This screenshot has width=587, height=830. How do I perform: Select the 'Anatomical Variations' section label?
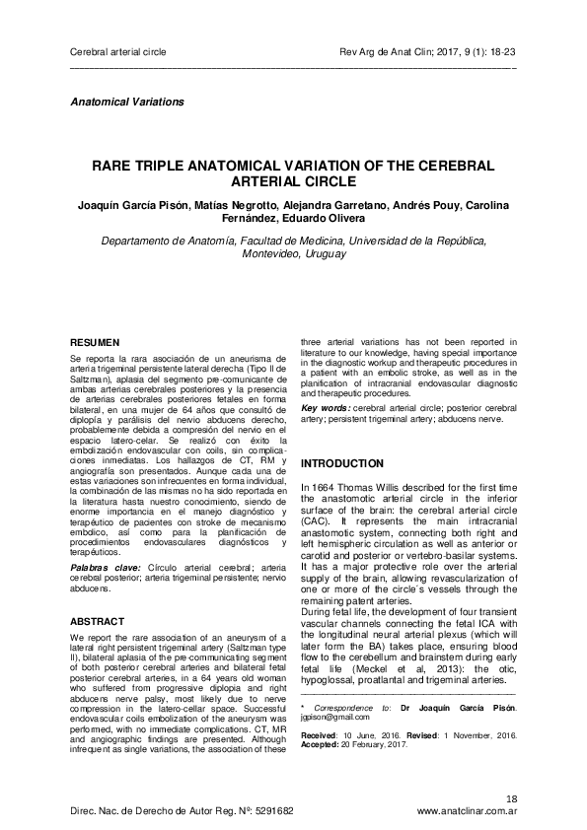click(x=127, y=102)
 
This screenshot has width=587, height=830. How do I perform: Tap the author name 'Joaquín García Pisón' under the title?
click(x=131, y=204)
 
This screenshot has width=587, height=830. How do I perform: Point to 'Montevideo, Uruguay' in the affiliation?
click(x=293, y=253)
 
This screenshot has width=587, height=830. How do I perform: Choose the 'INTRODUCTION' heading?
click(x=342, y=463)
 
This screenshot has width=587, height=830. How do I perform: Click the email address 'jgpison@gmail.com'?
click(x=331, y=719)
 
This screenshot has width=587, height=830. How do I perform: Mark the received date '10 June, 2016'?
click(x=368, y=735)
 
